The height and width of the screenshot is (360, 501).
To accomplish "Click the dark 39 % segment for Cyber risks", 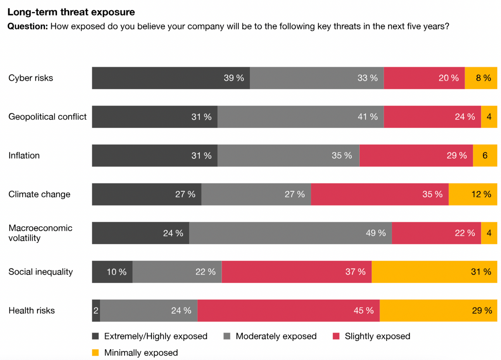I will click(171, 78).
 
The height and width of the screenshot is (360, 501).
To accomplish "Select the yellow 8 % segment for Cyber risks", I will click(481, 78).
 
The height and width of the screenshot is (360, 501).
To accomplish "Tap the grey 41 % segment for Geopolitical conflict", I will click(301, 117).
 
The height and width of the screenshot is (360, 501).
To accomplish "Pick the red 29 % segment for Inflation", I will click(416, 156).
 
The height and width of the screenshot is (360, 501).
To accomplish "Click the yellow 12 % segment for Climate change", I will click(473, 194).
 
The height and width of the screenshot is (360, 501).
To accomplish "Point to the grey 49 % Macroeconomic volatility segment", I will click(290, 233).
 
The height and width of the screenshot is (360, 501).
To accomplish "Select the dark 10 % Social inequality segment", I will click(112, 272).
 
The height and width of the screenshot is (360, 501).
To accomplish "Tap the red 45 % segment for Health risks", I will click(289, 311).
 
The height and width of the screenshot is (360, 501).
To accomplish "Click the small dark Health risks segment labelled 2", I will click(96, 311).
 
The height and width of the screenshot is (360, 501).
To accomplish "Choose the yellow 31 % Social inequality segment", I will click(434, 272).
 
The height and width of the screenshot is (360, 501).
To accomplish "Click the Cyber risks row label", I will click(31, 78).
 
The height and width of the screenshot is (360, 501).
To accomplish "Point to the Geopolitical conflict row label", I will click(47, 117).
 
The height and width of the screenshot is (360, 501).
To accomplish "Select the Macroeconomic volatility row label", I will click(40, 233).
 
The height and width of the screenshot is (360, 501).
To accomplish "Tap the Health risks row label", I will click(31, 311).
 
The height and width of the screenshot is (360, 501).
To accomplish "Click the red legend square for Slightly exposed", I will click(336, 336).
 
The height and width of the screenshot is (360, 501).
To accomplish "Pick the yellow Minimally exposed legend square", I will click(95, 353).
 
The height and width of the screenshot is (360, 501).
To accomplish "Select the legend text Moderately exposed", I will click(276, 336).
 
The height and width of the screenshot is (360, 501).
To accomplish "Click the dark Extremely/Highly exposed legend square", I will click(95, 336).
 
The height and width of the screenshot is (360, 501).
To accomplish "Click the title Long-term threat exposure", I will click(71, 12).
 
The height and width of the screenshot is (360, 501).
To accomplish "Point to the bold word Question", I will click(28, 26).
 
